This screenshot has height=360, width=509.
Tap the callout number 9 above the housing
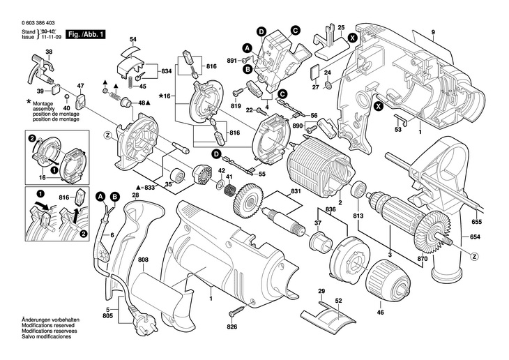(432, 33)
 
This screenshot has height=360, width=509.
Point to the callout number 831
(296, 192)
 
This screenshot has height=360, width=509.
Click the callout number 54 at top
(132, 38)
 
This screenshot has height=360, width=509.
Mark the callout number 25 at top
(341, 27)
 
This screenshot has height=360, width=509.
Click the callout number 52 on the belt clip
(339, 301)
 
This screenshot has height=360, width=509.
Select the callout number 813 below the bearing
(359, 216)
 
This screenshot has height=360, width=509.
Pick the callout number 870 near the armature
(423, 260)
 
